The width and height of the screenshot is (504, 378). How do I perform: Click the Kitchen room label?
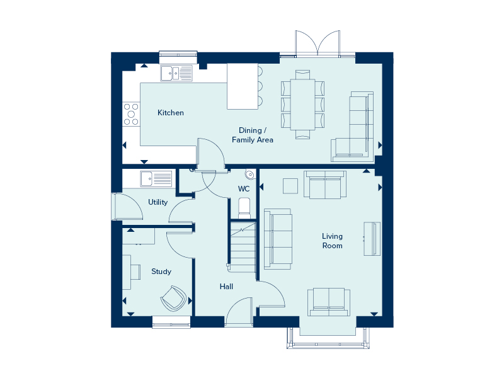point(171,113)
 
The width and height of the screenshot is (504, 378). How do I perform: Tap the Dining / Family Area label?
point(253,135)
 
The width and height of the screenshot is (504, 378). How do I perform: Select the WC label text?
point(244,188)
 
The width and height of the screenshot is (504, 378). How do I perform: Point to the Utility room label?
point(157,202)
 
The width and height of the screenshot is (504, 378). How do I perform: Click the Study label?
point(161,272)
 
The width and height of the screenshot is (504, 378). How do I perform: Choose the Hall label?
point(227,287)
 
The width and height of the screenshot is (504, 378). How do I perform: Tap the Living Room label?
point(332,241)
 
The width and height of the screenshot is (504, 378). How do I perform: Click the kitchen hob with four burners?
point(132,114)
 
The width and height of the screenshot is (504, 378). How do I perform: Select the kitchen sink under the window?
point(176,74)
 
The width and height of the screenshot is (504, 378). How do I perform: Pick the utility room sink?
point(156,178)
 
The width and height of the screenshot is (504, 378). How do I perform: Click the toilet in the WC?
point(244,207)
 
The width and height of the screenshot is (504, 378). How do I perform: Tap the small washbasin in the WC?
point(250,174)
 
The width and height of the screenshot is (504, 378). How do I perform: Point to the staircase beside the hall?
point(243,246)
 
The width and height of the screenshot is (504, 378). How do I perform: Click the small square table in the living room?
point(290,186)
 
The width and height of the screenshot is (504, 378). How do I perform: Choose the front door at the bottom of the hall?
point(239,313)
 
